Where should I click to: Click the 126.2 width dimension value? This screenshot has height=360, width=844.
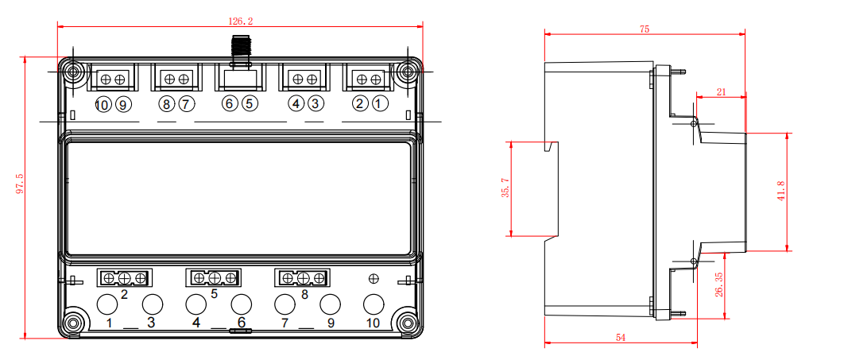pos(241,21)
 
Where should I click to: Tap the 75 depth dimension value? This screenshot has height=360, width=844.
pos(645,29)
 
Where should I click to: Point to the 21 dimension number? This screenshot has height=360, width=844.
pos(722,92)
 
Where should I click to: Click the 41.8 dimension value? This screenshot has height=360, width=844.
pos(781,191)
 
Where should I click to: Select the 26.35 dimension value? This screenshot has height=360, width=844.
pos(719,285)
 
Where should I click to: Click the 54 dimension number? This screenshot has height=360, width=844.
pos(621,338)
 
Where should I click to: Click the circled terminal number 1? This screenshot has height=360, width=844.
pos(379,104)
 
